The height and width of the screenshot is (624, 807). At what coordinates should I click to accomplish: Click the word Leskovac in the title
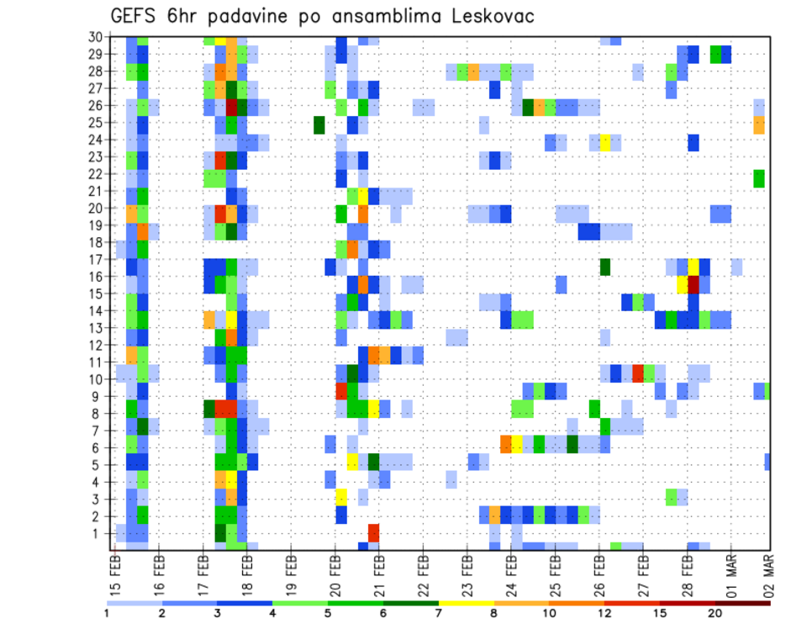[x=488, y=17]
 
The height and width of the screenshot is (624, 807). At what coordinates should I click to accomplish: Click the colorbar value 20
[x=715, y=613]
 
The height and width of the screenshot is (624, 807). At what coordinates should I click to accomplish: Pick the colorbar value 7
[x=438, y=613]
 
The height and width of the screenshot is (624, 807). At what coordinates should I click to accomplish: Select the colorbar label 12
[x=604, y=613]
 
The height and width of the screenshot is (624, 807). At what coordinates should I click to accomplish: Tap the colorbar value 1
[x=107, y=613]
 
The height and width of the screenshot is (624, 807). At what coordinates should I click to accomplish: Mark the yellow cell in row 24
[x=604, y=142]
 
